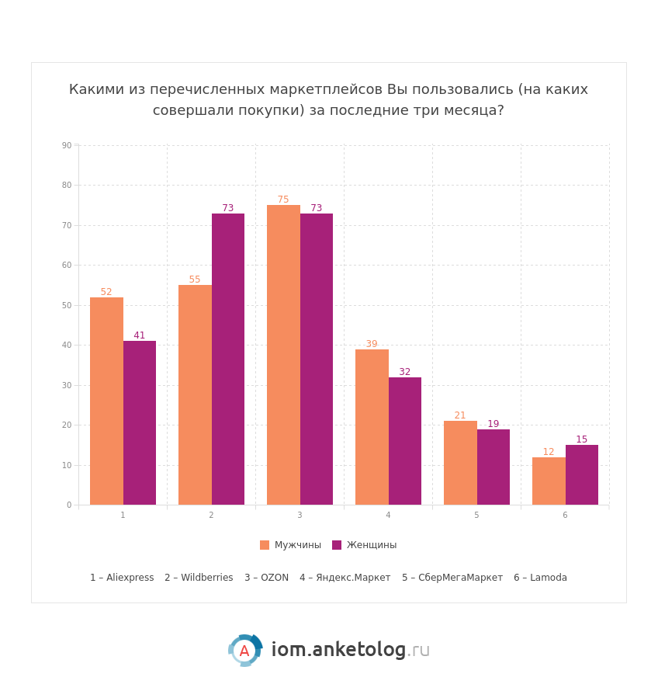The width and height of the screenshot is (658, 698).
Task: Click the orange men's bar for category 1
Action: (106, 401)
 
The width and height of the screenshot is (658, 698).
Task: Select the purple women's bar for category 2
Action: (228, 359)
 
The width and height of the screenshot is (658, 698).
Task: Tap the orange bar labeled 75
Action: (283, 355)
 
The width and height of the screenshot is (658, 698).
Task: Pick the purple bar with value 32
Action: (405, 441)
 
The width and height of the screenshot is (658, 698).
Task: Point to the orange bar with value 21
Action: (460, 463)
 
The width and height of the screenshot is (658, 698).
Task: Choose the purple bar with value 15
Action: (582, 474)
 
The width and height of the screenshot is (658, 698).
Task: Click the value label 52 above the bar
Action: (106, 292)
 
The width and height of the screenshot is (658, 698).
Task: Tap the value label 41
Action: (140, 335)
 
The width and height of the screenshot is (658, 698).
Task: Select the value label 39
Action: (372, 344)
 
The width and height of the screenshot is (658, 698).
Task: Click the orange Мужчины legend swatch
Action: (265, 545)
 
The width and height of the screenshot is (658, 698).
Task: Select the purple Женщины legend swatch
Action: (337, 545)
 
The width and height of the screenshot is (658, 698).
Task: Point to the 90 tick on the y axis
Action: (67, 145)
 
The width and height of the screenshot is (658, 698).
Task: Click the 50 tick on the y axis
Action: (67, 305)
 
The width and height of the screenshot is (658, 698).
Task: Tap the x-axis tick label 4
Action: (388, 516)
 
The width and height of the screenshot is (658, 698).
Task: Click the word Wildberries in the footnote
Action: (206, 578)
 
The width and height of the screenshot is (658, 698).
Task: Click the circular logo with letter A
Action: (244, 651)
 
